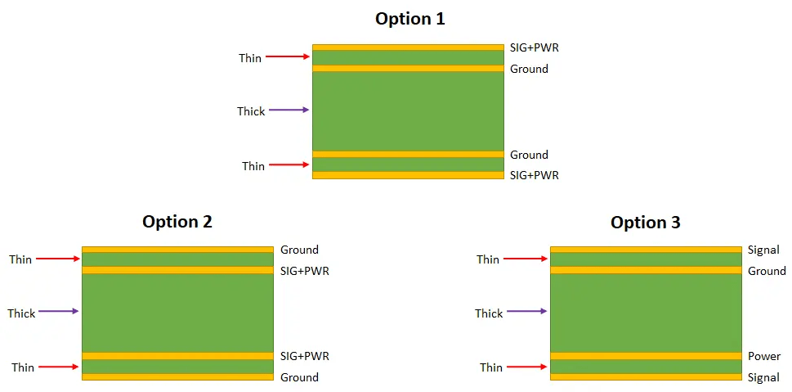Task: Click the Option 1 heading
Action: [409, 18]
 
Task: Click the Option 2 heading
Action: [177, 222]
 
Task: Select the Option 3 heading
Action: [645, 222]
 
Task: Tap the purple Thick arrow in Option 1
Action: [289, 110]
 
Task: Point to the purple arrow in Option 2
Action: [58, 311]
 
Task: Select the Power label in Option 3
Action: [764, 356]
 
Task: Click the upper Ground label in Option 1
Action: [529, 69]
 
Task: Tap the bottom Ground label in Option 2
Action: [299, 377]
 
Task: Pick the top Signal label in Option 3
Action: [763, 250]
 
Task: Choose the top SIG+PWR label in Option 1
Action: [535, 48]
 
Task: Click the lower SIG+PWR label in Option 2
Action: [305, 356]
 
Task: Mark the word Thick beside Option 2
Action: [21, 313]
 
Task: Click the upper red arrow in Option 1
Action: [289, 56]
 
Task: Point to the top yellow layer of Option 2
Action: [177, 249]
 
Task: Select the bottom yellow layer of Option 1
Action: [408, 174]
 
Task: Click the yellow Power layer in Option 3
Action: [645, 356]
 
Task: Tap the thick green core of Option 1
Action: [408, 111]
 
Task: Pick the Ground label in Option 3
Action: [767, 271]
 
